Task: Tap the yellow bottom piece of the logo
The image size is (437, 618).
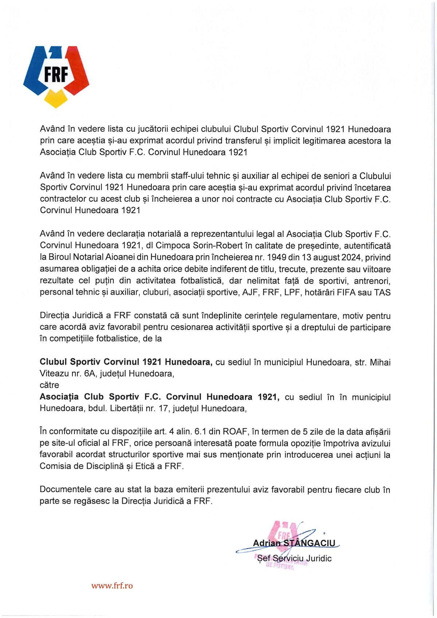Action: pos(56,99)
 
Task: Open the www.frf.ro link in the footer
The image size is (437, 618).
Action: pos(112,586)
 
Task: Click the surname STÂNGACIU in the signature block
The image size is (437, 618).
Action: pos(309,543)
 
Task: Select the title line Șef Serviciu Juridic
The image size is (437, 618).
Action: pos(294,558)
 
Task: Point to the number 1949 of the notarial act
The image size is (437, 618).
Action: pos(276,257)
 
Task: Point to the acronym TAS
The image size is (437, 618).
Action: pos(382,292)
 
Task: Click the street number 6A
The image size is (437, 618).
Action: pos(89,374)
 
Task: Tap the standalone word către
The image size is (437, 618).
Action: pos(49,385)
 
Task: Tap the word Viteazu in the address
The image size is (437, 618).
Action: pos(54,374)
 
